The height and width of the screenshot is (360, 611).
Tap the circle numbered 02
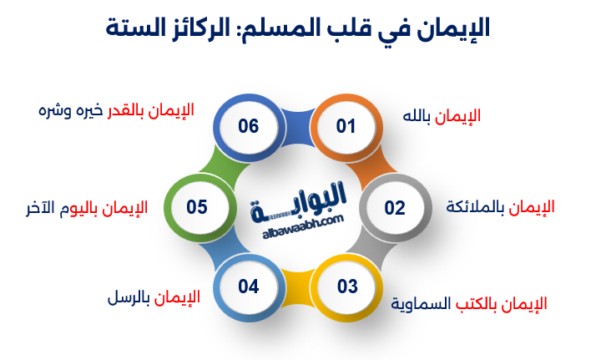[x=394, y=207]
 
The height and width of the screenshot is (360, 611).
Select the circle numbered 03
[x=347, y=286]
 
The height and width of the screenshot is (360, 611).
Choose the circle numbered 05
[x=197, y=206]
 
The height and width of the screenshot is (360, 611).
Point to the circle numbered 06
[x=248, y=127]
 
